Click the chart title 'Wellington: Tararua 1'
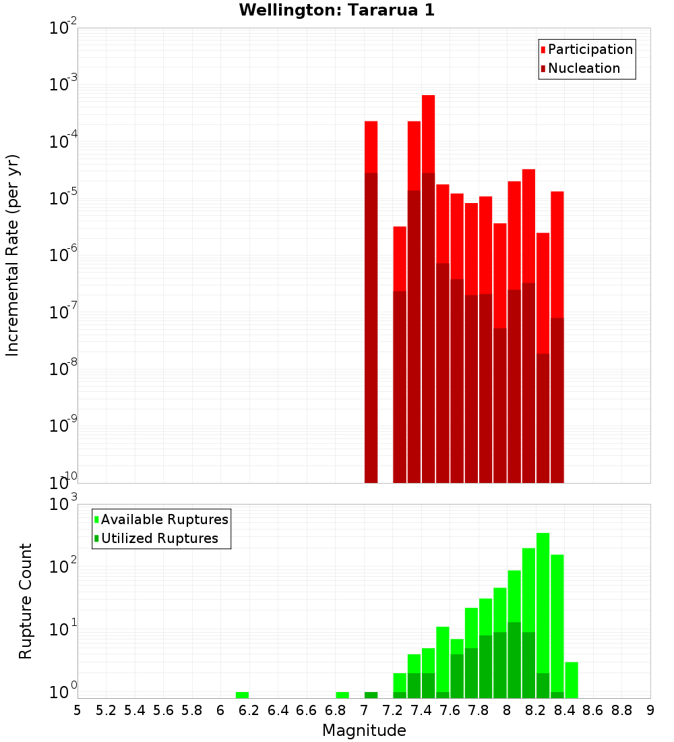(x=332, y=10)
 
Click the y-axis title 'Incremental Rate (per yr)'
(x=12, y=255)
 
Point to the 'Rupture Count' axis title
(x=25, y=600)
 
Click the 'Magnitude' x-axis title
(x=364, y=731)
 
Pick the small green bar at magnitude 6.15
(x=242, y=695)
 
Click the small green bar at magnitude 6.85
(x=342, y=695)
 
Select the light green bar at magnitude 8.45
(x=572, y=680)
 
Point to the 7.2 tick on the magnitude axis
(x=392, y=710)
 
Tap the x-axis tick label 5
(x=78, y=710)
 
